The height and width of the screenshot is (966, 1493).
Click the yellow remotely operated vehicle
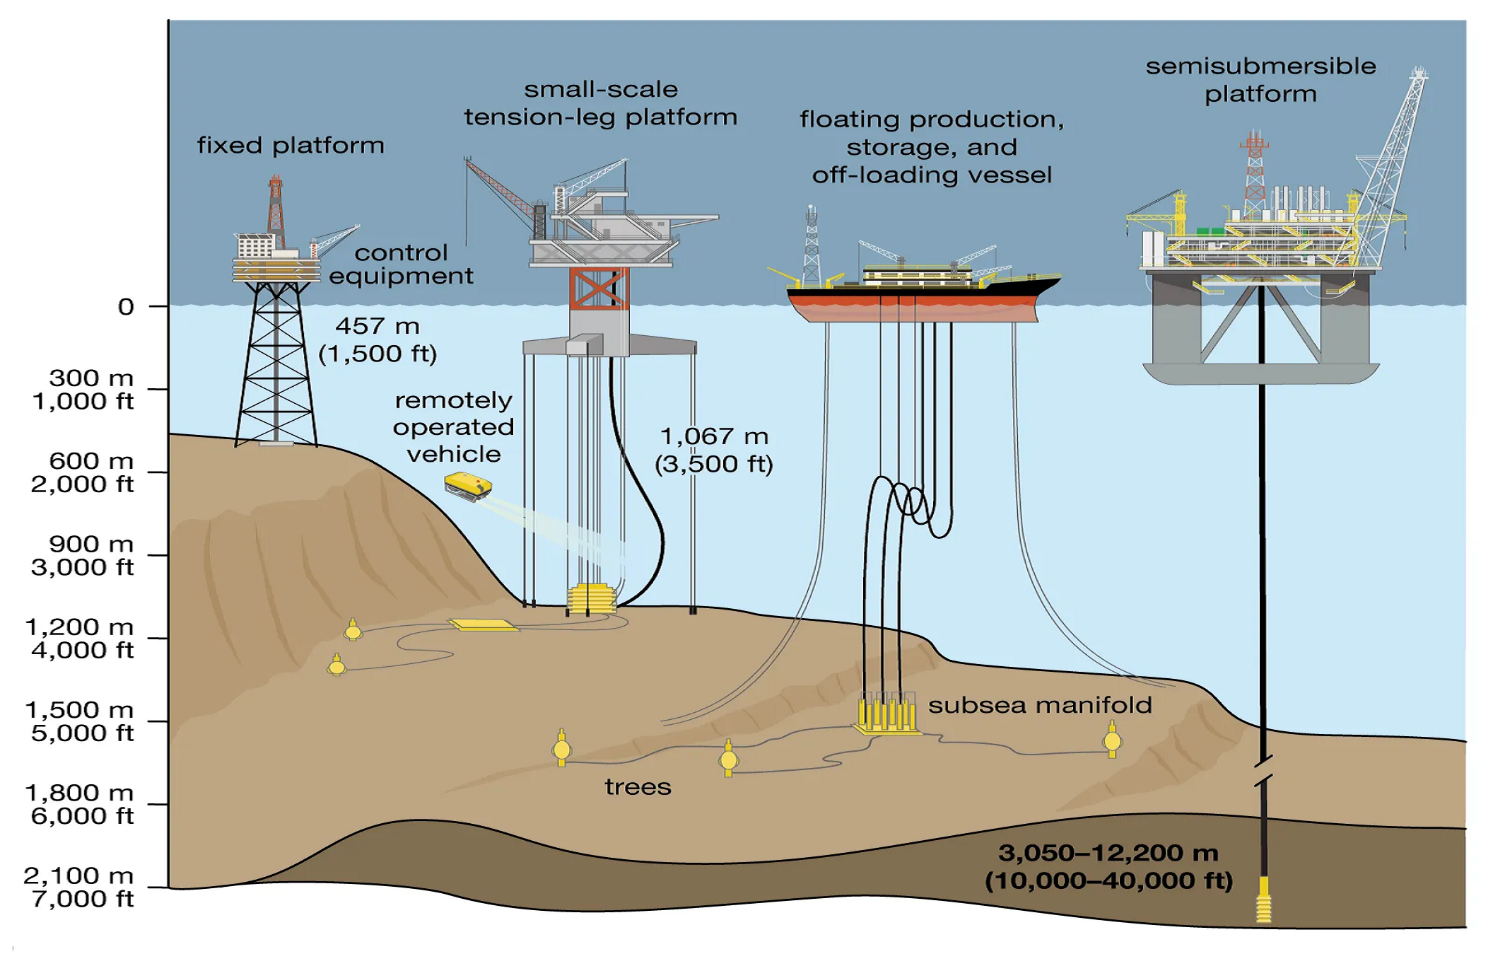(x=467, y=487)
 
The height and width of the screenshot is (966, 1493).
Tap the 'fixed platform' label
(x=290, y=146)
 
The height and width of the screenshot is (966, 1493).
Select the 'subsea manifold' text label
(x=1039, y=705)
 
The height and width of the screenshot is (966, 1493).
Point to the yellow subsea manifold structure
(x=886, y=714)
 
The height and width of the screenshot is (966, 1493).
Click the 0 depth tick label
(x=126, y=307)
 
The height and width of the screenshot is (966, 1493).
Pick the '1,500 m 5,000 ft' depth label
(x=79, y=721)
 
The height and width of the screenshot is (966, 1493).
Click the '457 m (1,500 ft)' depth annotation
(x=377, y=339)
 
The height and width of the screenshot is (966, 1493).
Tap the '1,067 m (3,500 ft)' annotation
(x=714, y=450)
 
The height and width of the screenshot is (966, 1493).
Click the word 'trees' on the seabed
(x=638, y=787)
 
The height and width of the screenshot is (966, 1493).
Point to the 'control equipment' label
(x=401, y=264)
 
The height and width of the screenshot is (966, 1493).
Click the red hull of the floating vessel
(x=912, y=308)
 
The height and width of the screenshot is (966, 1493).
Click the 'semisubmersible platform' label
(x=1260, y=80)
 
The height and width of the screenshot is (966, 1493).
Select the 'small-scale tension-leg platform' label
(x=600, y=103)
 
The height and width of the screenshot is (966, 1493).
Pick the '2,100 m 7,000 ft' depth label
(x=79, y=887)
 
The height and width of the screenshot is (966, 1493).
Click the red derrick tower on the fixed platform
(x=276, y=205)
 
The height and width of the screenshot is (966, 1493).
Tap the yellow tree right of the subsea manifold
(x=1112, y=740)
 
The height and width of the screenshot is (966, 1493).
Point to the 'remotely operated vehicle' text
(x=453, y=427)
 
